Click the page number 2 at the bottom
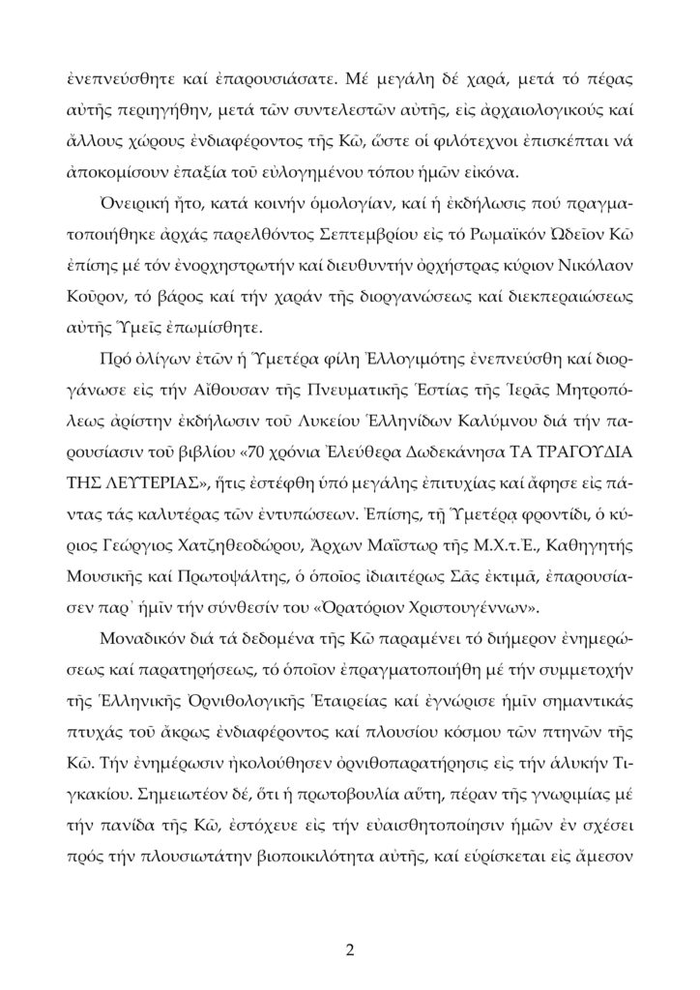point(350,947)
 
